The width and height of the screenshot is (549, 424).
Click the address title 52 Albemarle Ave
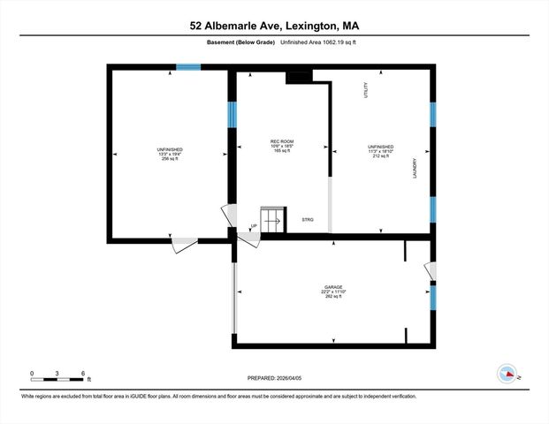tap(274, 26)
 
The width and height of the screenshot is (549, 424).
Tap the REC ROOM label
tap(281, 141)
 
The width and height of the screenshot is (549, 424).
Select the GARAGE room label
tap(332, 287)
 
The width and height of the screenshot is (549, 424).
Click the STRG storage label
tap(308, 219)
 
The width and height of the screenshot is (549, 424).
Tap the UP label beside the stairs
tap(254, 226)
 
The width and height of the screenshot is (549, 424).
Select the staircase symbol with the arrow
tap(271, 220)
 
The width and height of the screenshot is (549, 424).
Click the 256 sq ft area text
tap(170, 159)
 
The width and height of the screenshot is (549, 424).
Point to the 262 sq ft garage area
tap(332, 297)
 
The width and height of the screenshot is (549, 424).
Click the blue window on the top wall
tap(187, 66)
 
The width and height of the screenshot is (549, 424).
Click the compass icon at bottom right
tap(507, 373)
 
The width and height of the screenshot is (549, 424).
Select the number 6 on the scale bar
tap(82, 373)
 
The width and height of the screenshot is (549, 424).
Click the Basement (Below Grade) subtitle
tap(241, 42)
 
